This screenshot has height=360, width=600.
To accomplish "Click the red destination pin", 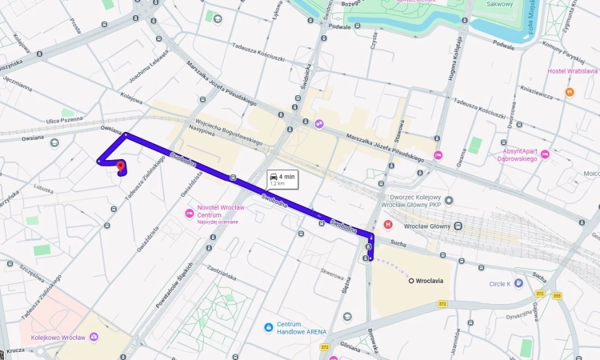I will point(121,166).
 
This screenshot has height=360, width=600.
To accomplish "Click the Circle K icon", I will point(518,283).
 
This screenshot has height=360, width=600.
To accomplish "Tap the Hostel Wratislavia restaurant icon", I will point(569,93).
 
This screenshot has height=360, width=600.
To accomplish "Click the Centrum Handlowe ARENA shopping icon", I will point(270,327).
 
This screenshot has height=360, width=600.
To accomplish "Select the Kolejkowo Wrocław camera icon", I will point(94,338).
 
